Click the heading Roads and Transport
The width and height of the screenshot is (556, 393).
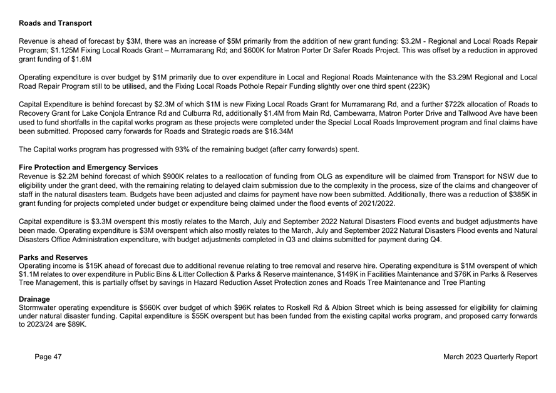[56, 23]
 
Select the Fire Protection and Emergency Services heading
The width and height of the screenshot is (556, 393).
[88, 167]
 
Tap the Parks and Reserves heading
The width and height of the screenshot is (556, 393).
[53, 257]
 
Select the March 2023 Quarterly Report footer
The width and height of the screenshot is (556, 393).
[490, 357]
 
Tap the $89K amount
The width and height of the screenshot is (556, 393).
[75, 325]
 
